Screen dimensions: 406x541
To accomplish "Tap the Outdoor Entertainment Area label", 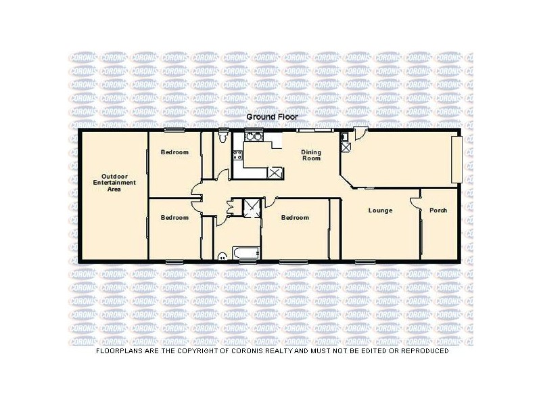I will [114, 182].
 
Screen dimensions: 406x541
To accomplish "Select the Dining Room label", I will [311, 156].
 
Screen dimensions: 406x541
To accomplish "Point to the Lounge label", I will [380, 210].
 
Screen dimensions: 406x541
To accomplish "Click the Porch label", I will [438, 210].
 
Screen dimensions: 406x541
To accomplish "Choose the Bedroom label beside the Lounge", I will [295, 217].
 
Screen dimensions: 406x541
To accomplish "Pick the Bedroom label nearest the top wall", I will [174, 152].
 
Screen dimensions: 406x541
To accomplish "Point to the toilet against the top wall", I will [223, 136].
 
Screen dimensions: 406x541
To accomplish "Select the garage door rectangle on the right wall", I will [458, 158].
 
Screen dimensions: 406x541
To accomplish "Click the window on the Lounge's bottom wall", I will [365, 261].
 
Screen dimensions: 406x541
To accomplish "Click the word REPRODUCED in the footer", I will [421, 351].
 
